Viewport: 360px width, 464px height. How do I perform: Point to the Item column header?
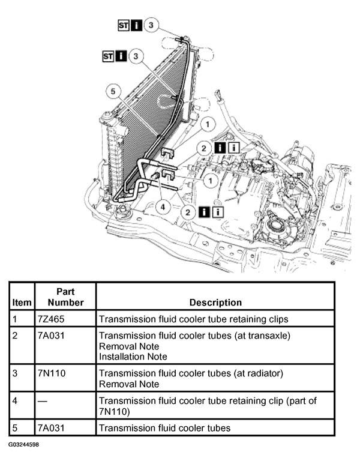pyautogui.click(x=21, y=303)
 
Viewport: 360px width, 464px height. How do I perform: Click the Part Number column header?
pyautogui.click(x=65, y=297)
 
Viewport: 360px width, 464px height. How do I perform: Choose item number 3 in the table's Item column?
pyautogui.click(x=15, y=373)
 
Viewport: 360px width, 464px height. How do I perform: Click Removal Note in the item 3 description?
pyautogui.click(x=129, y=384)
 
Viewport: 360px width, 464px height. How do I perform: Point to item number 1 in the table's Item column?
pyautogui.click(x=15, y=318)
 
